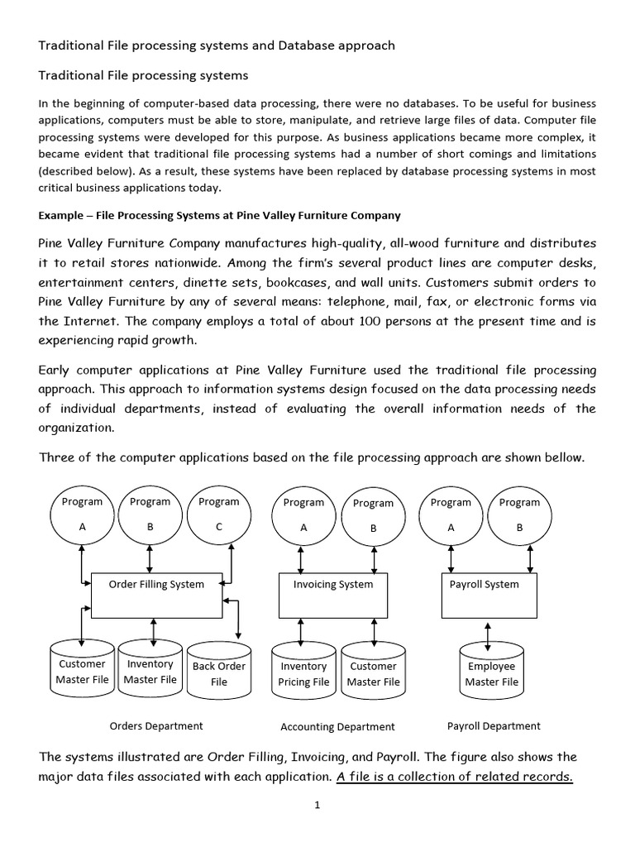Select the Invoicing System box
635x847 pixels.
click(333, 595)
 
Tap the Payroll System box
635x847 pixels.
click(489, 595)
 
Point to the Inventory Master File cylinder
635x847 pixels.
click(150, 672)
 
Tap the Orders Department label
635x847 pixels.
click(156, 725)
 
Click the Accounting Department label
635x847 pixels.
click(337, 727)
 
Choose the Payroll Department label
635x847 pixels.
click(494, 725)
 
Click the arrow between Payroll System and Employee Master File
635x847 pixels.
click(489, 634)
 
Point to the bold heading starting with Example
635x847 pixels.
click(219, 215)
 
